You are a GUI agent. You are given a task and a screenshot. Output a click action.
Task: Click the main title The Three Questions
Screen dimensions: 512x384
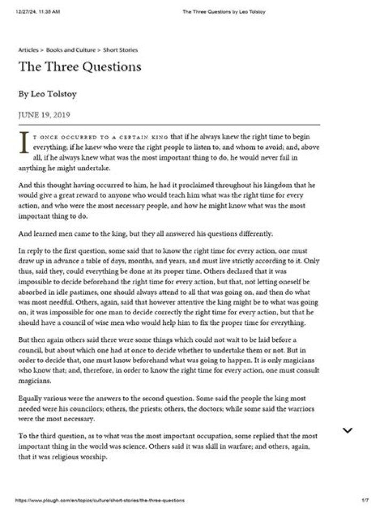click(80, 67)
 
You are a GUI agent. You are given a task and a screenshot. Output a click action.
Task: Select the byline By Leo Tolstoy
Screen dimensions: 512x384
click(47, 94)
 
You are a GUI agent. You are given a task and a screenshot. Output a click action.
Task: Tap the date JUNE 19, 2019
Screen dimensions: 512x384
click(44, 115)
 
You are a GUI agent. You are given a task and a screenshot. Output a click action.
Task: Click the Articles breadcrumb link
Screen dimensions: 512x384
click(28, 50)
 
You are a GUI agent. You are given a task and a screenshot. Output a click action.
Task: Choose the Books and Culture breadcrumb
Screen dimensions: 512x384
click(70, 50)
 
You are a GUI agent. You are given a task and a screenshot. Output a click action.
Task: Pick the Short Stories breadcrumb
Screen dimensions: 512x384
click(120, 50)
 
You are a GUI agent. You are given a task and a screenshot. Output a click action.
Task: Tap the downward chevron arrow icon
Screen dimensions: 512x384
click(347, 430)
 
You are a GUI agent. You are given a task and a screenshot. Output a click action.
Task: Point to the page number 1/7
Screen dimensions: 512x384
click(365, 501)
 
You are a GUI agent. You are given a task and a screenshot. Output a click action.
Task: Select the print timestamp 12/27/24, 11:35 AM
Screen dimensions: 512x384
click(38, 11)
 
